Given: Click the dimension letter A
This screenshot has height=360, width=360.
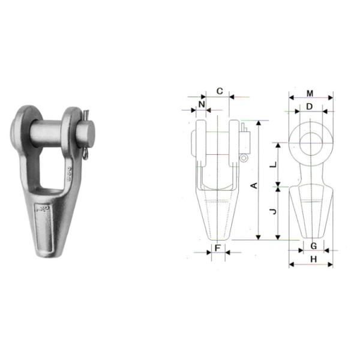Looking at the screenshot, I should point(254,186).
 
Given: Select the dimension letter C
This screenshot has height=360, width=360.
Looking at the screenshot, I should point(220,91).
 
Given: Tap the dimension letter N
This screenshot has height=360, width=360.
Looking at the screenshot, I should point(202,104).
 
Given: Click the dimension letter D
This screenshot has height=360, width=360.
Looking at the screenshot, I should point(310,107).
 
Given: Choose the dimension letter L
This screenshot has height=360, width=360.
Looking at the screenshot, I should point(274,164).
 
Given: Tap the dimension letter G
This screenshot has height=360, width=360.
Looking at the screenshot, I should point(313,246).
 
